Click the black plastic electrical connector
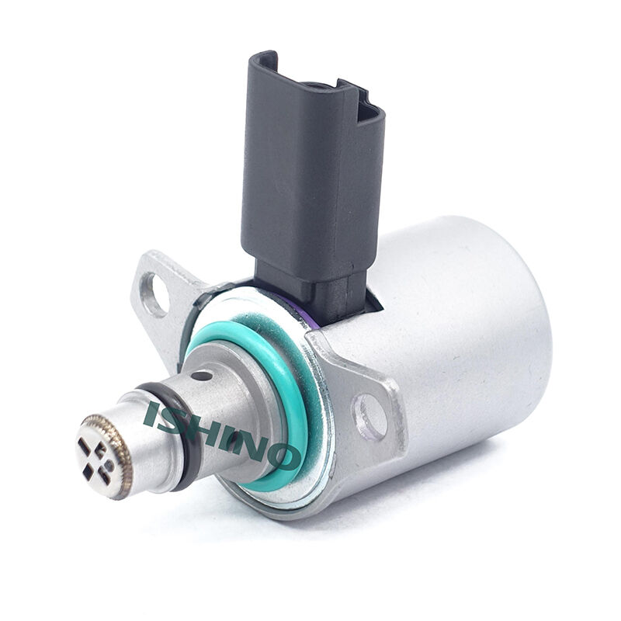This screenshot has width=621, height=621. [313, 182]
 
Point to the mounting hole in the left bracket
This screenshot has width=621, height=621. [154, 293]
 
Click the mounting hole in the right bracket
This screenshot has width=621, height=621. [370, 417]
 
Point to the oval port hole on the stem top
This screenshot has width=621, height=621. [202, 376]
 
